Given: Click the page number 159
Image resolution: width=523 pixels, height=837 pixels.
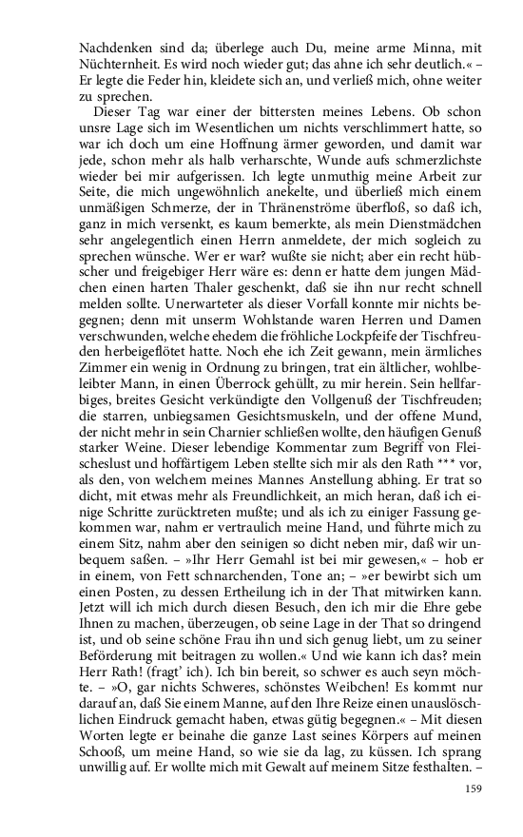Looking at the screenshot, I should [x=474, y=788].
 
